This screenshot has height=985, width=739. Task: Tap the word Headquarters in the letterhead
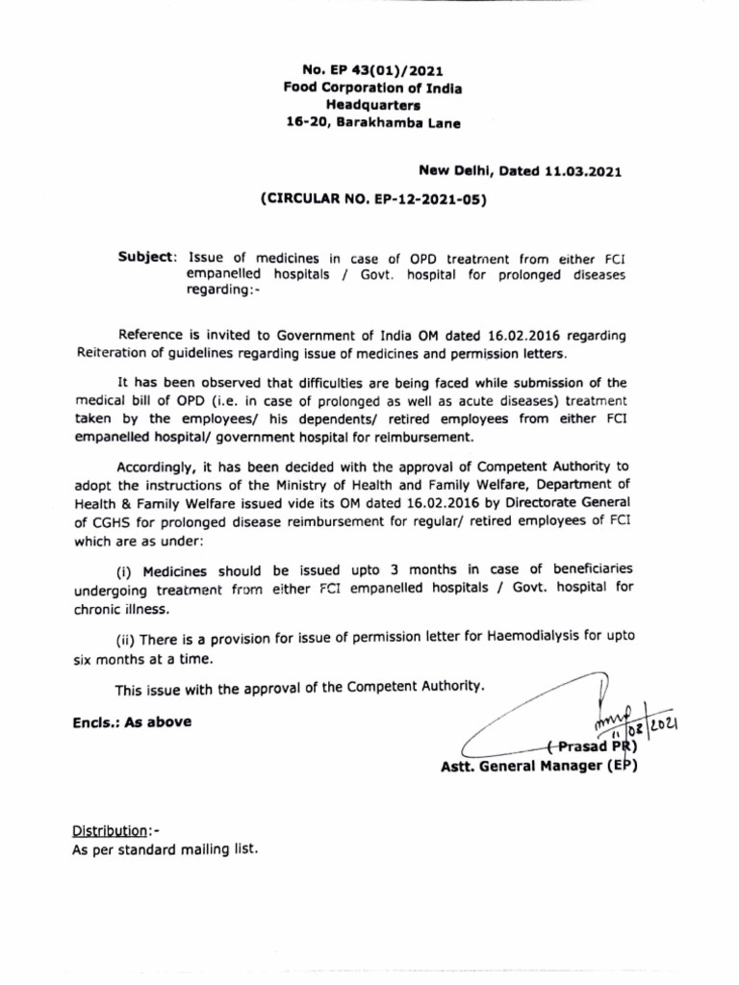[370, 106]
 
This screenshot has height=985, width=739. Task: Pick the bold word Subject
[146, 258]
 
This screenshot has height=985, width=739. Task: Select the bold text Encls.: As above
[131, 721]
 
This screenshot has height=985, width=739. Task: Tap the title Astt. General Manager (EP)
[537, 766]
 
